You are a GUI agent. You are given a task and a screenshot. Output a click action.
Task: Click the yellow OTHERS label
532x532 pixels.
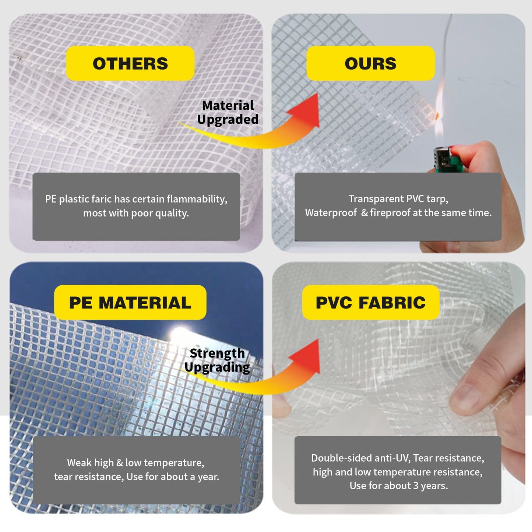point(130,63)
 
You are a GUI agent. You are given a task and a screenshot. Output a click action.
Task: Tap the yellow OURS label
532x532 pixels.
point(370,63)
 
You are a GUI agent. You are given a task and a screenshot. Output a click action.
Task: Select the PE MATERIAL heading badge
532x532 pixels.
point(130,302)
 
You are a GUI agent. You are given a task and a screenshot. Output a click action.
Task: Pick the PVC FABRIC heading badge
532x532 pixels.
point(370,302)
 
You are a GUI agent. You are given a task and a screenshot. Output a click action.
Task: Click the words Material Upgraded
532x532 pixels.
point(228,112)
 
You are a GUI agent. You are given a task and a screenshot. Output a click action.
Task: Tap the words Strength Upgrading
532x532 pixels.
point(217,360)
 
